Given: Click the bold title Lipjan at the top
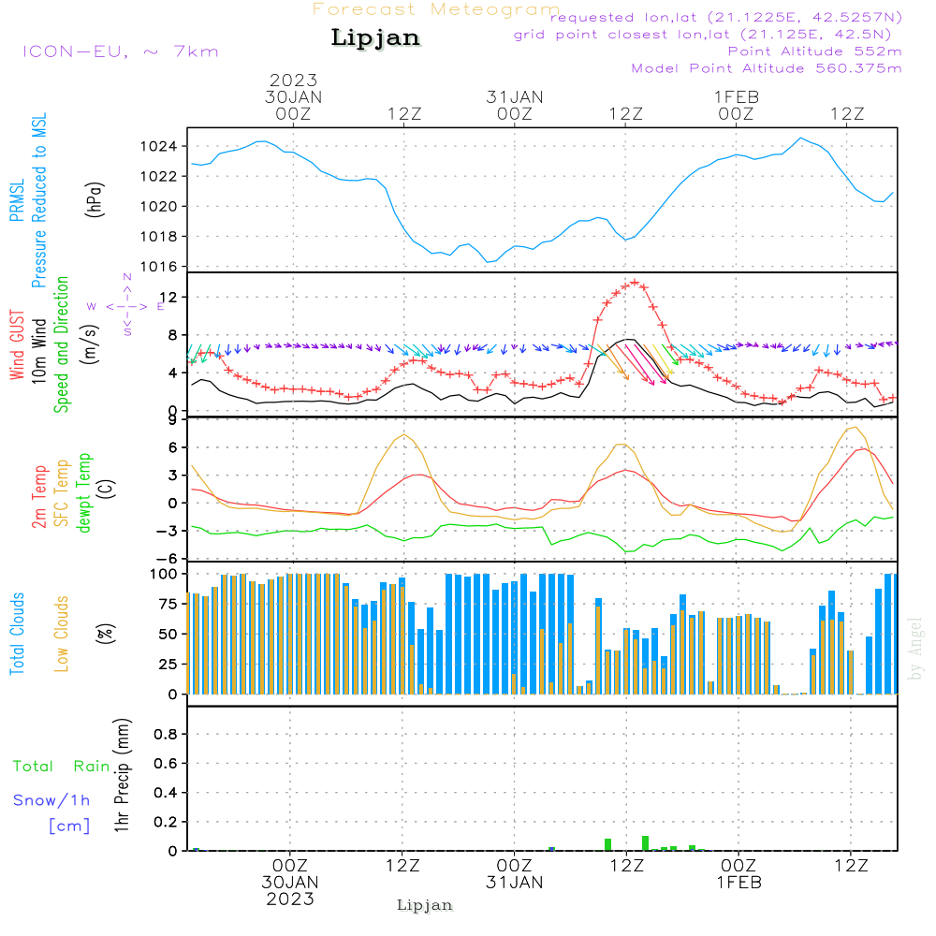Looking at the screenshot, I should coord(375,38).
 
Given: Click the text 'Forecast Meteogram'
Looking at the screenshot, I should coord(436,10).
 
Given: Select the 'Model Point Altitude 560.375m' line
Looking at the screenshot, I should coord(767,68).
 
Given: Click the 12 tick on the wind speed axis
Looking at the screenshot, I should coord(174,297).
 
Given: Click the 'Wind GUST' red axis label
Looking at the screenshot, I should coord(18,346).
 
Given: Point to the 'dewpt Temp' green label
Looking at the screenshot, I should coord(84,494).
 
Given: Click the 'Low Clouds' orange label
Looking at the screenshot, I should coord(63,633).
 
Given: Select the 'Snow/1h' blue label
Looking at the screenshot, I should coord(52,800).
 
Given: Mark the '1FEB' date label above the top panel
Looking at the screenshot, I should coord(736,96).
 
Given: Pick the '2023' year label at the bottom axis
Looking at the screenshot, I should coord(290,899).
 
